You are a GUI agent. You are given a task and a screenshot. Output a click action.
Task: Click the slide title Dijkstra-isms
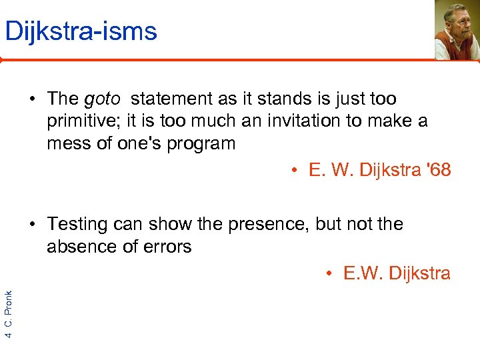tap(81, 31)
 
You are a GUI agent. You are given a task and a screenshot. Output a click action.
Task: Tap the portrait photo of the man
tap(457, 30)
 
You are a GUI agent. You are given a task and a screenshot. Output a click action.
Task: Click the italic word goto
tap(102, 99)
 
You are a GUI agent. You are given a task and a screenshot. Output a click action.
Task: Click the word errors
tap(169, 247)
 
